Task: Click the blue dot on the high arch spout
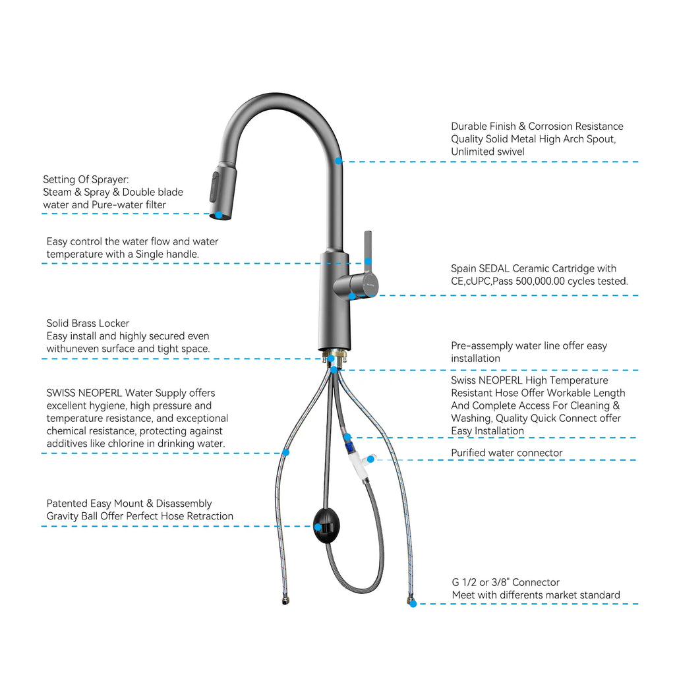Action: (x=338, y=160)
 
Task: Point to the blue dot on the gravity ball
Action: (x=318, y=526)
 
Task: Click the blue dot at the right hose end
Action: (x=413, y=603)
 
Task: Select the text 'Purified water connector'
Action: (x=506, y=453)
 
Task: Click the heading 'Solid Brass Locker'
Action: (x=88, y=323)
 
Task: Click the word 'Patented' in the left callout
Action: (x=68, y=504)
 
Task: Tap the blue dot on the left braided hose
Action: (x=285, y=452)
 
